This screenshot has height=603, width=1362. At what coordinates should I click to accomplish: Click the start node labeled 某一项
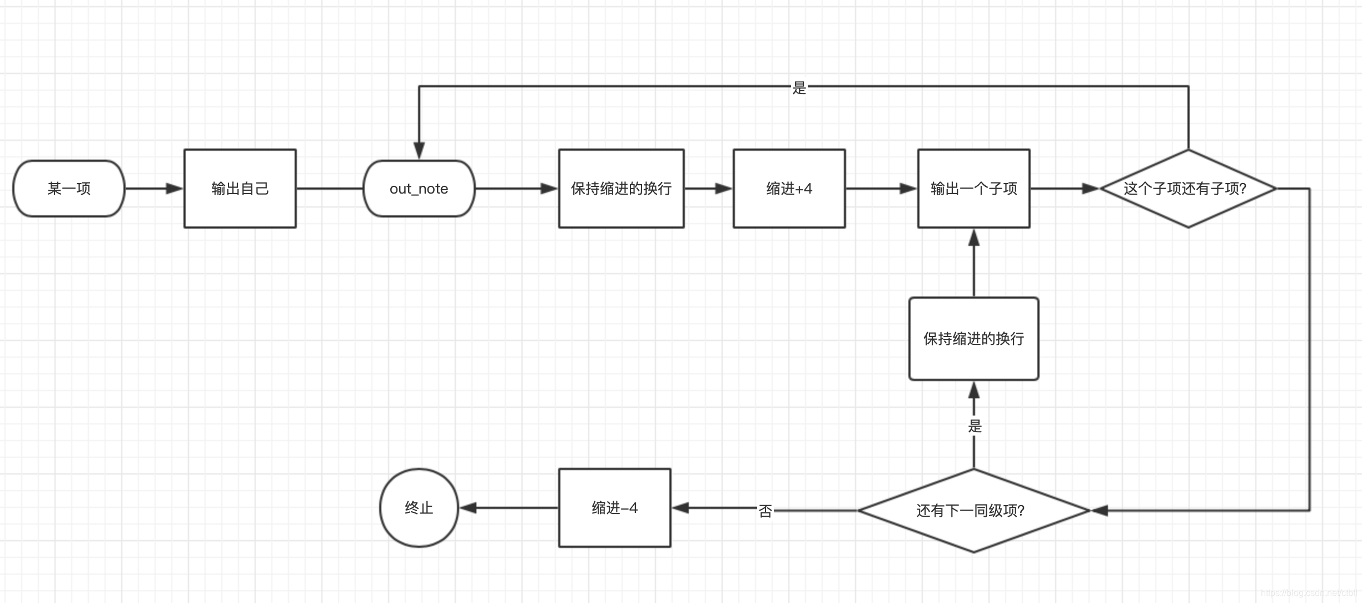69,189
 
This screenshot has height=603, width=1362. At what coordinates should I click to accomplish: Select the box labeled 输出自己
240,189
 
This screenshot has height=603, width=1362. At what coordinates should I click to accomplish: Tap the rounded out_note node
419,189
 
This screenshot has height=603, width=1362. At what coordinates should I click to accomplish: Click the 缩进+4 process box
789,189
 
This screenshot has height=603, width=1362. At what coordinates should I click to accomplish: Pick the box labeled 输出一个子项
973,189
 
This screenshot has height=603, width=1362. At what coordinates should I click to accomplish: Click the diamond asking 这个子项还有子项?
1188,189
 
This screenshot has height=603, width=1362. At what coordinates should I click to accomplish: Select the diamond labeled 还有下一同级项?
973,510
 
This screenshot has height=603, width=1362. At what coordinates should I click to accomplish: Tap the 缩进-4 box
614,508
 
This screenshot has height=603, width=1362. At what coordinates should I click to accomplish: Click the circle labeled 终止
419,508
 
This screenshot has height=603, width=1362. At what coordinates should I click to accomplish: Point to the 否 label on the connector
765,511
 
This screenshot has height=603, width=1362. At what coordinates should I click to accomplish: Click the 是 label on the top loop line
799,88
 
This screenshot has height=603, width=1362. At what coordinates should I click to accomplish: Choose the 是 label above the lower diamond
975,426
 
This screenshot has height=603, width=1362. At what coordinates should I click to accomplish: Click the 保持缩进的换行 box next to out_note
621,189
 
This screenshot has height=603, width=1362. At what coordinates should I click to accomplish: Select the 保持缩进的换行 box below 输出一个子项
973,339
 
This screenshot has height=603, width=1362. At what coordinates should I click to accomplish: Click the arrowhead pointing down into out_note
419,150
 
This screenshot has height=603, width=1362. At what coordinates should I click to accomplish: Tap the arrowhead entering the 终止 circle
468,508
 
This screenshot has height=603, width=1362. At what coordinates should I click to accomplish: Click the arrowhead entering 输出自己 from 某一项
175,189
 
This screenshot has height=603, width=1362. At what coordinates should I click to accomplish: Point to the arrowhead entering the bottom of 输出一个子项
974,238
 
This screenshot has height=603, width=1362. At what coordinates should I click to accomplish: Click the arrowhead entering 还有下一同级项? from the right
1100,510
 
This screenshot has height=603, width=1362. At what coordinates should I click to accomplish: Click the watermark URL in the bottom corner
1309,593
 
